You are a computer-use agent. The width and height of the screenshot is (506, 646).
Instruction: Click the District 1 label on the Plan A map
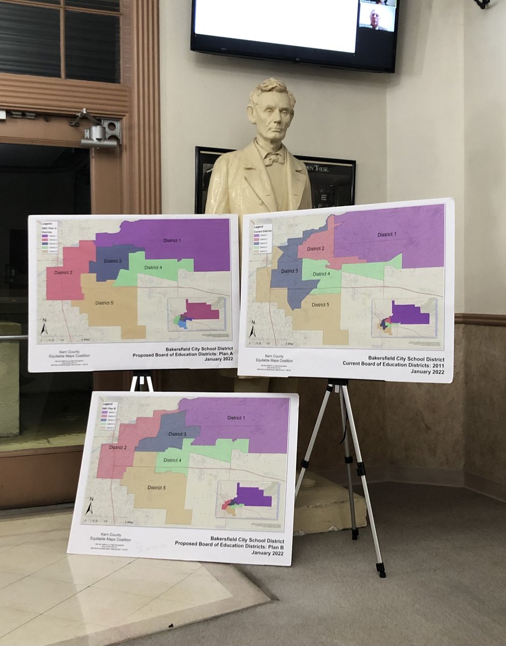click(173, 240)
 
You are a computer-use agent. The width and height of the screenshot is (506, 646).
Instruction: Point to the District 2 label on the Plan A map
click(63, 273)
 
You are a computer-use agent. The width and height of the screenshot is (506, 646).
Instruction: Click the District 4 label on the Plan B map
click(173, 460)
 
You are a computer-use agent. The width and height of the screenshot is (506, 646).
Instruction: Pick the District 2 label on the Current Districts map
click(315, 249)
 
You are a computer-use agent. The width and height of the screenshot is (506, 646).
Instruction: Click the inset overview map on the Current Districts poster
click(404, 318)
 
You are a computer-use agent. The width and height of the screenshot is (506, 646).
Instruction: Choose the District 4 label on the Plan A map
click(153, 268)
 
